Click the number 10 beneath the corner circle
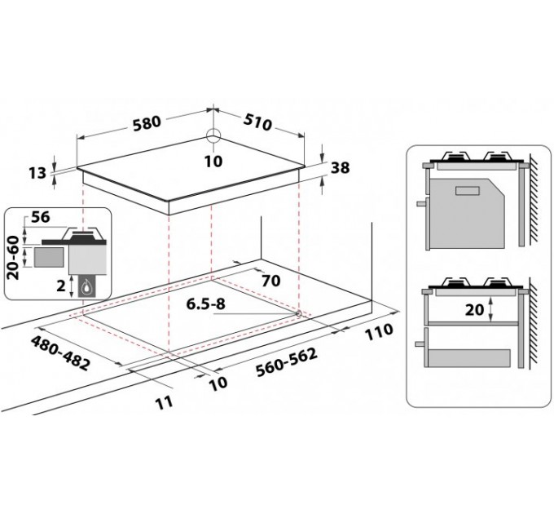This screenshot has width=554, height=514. [x=213, y=162]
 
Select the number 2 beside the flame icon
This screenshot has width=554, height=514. [x=60, y=286]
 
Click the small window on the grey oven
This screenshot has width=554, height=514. [x=468, y=192]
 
